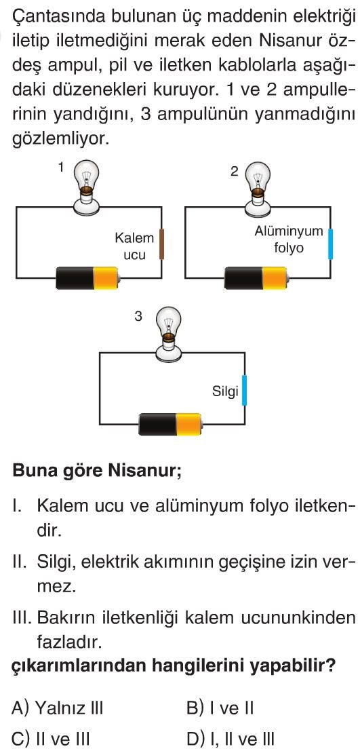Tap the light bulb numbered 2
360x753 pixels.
pyautogui.click(x=257, y=188)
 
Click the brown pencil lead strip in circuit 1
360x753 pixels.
pyautogui.click(x=162, y=244)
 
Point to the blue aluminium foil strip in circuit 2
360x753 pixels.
pyautogui.click(x=330, y=244)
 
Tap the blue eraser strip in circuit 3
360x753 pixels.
pyautogui.click(x=244, y=391)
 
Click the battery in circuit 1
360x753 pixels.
pyautogui.click(x=87, y=278)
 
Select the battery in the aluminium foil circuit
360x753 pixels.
pyautogui.click(x=257, y=278)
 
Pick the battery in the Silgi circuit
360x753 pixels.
pyautogui.click(x=171, y=424)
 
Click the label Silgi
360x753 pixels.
pyautogui.click(x=226, y=391)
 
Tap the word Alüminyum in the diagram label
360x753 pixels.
pyautogui.click(x=289, y=231)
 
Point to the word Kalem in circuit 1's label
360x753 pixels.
pyautogui.click(x=134, y=237)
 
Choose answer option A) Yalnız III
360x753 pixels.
pyautogui.click(x=58, y=708)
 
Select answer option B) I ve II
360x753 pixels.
pyautogui.click(x=220, y=708)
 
